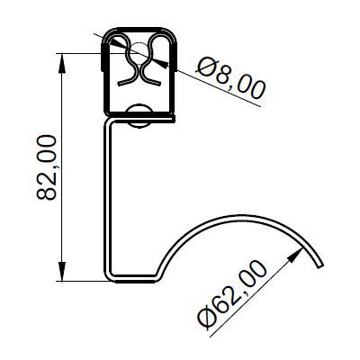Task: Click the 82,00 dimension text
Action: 47,167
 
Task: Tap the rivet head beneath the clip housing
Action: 139,114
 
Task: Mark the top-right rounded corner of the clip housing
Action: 172,35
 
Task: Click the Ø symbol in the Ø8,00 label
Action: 203,69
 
